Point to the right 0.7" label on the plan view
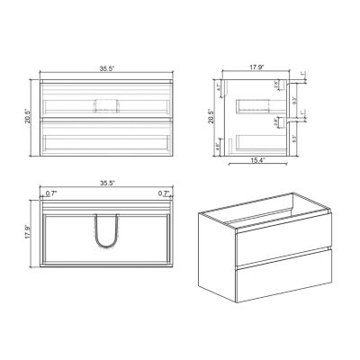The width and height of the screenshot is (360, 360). [163, 193]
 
